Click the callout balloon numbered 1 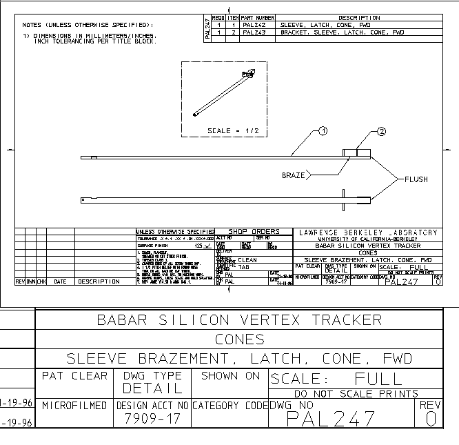pos(323,130)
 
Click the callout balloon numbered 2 pos(381,130)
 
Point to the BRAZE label pos(293,175)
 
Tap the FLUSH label pos(416,179)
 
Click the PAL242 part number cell pos(254,25)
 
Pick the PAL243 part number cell pos(254,32)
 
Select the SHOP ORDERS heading pos(254,232)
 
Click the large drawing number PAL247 pos(331,418)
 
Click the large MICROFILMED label pos(74,405)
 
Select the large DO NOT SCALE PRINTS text pos(356,394)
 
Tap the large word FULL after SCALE pos(378,379)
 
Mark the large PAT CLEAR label pos(74,376)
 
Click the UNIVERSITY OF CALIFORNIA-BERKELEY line pos(366,239)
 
